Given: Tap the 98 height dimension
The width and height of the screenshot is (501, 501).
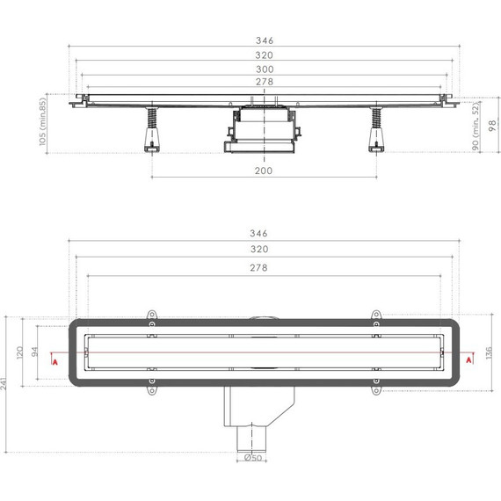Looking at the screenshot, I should [x=489, y=123].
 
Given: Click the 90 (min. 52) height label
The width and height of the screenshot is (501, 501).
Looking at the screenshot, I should [x=475, y=123].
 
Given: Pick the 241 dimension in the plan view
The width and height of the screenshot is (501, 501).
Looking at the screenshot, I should [x=8, y=384].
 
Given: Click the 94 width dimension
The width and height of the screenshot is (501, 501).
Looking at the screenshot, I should [x=36, y=350].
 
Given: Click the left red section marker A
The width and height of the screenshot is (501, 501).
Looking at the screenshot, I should [x=55, y=360].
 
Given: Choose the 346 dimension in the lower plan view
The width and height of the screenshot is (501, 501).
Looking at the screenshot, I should [x=258, y=235].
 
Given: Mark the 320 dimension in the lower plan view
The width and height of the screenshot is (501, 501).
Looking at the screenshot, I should [x=258, y=250].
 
